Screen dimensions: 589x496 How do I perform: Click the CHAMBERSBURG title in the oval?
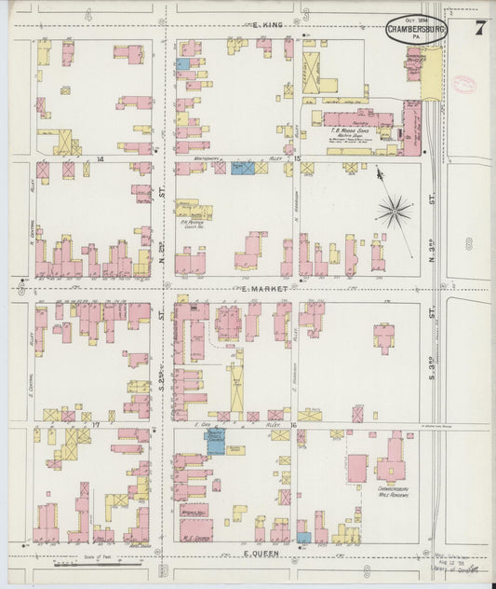point(416,29)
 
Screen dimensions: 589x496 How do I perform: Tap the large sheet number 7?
point(479,27)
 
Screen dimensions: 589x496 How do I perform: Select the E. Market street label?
point(253,289)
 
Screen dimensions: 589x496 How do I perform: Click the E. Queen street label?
point(260,554)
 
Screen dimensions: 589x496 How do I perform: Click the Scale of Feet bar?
point(98,564)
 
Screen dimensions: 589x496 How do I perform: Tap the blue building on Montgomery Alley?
point(242,168)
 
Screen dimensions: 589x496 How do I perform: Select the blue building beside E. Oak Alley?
point(215,442)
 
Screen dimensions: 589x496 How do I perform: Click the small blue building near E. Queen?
point(304,538)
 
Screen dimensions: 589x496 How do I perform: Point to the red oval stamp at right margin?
point(465,84)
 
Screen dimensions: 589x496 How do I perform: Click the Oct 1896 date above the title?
point(416,19)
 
